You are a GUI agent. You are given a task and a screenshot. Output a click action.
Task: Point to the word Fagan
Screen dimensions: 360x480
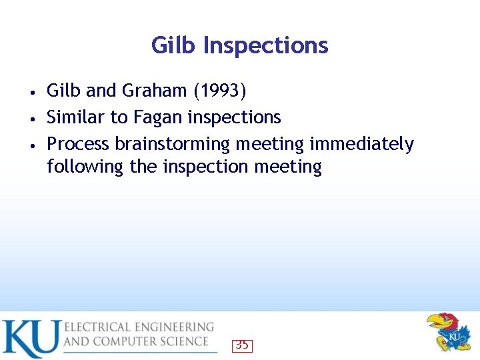[157, 117]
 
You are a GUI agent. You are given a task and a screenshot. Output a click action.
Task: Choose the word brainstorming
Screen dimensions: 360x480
[186, 144]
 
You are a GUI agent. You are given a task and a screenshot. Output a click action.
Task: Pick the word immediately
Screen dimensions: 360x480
[361, 144]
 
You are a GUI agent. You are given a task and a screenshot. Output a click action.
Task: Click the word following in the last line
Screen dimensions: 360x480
[85, 167]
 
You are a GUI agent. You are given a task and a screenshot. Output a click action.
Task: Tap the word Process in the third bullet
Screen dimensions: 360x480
[78, 144]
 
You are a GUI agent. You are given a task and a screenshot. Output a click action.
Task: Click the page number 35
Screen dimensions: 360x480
[242, 345]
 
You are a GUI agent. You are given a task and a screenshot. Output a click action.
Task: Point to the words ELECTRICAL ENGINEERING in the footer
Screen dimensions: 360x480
[139, 327]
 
